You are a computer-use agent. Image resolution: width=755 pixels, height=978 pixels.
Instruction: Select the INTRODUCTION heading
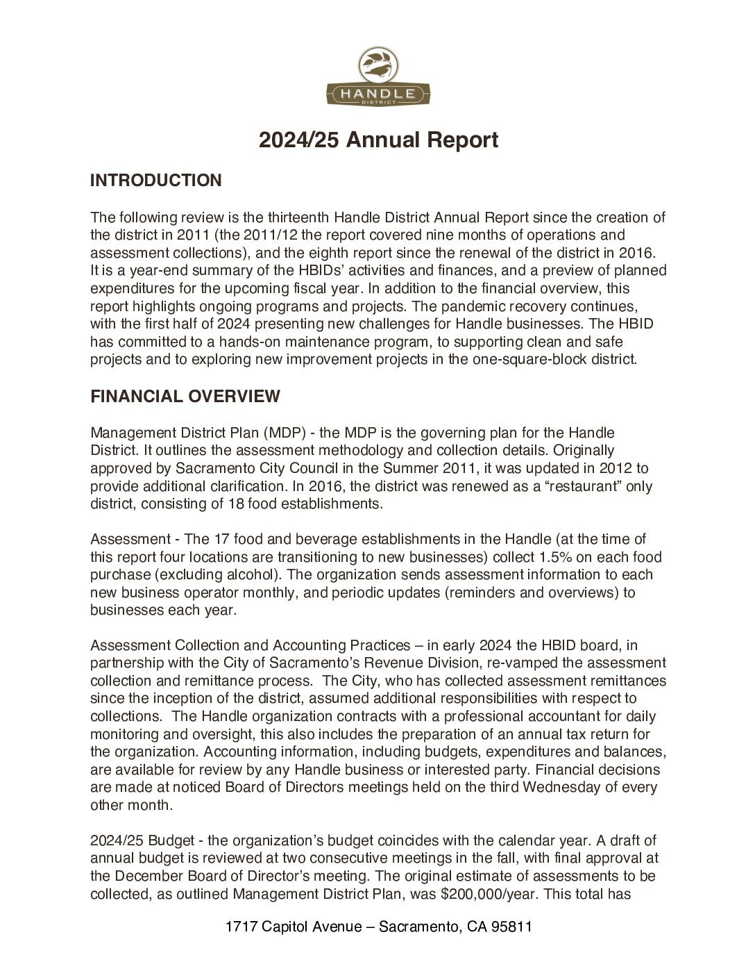coord(155,181)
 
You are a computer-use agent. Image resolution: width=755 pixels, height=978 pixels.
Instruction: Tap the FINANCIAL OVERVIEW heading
coord(185,397)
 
